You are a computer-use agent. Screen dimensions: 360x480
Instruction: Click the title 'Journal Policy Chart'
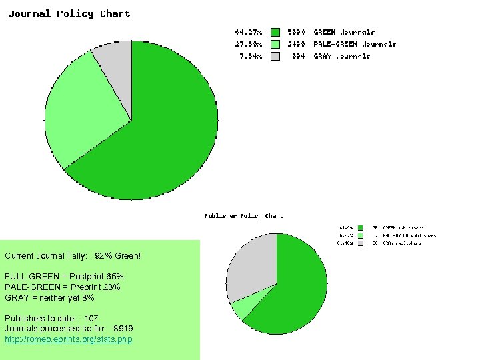click(69, 13)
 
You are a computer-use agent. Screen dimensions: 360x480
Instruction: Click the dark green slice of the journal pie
click(167, 133)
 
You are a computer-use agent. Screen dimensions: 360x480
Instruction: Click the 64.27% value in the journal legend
click(249, 32)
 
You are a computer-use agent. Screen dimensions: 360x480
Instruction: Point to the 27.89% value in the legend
click(249, 44)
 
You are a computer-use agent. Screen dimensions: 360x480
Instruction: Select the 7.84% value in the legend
click(251, 56)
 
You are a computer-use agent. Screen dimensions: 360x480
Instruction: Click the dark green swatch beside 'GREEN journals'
click(275, 32)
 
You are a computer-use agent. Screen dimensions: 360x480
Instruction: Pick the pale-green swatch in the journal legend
click(275, 44)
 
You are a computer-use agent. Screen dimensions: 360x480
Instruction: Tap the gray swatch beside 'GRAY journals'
click(275, 56)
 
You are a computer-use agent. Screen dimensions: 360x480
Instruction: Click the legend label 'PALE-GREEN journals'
click(355, 44)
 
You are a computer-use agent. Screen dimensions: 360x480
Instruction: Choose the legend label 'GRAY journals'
click(342, 56)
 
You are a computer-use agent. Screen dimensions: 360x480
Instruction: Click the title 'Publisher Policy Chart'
click(243, 216)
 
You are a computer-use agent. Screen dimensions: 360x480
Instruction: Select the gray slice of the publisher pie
click(252, 267)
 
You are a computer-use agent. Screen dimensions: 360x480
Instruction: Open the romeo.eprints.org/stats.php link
click(69, 339)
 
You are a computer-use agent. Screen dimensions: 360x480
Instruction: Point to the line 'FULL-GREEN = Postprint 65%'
click(64, 277)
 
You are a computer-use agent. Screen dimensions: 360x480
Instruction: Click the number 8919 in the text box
click(123, 329)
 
